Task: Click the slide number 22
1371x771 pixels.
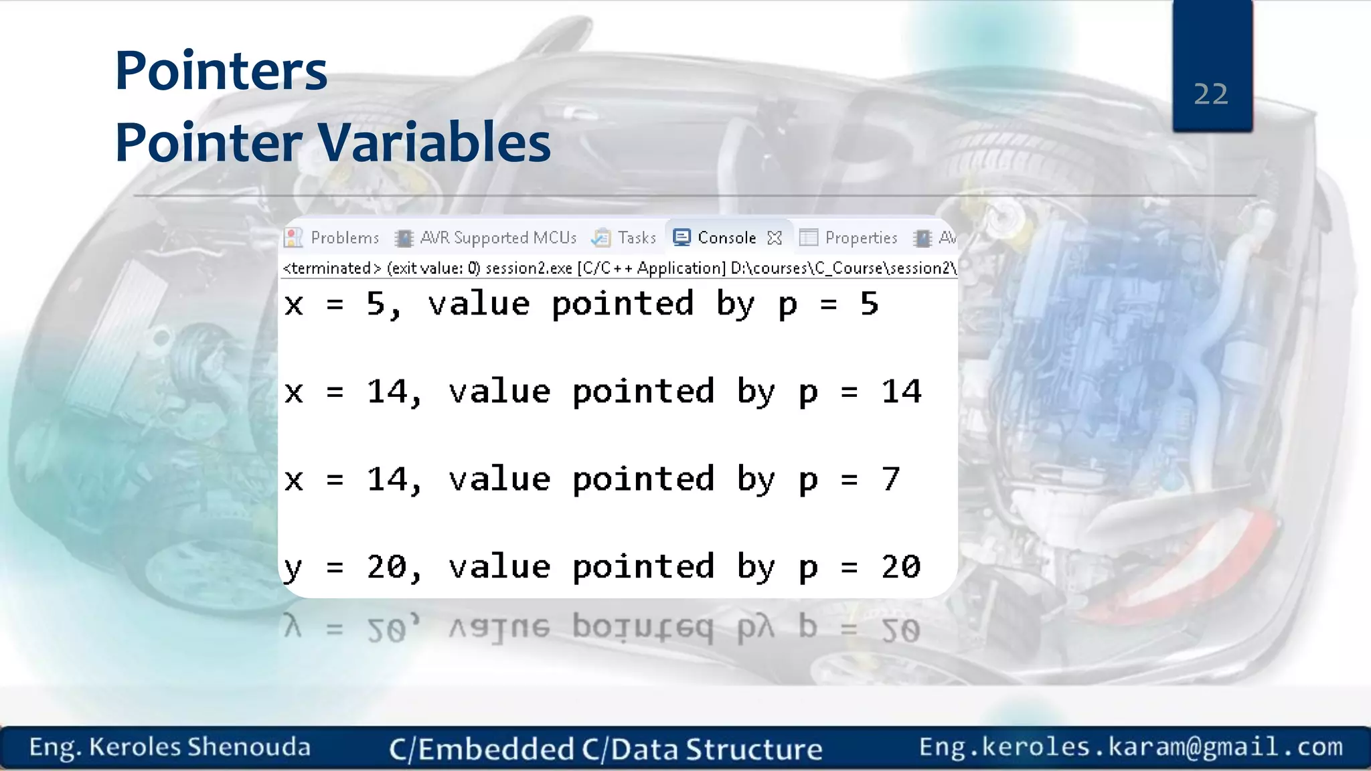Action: [1211, 94]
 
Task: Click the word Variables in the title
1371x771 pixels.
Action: [433, 143]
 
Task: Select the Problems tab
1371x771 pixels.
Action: [344, 238]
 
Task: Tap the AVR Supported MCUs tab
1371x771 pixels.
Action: [497, 238]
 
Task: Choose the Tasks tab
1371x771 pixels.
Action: [637, 238]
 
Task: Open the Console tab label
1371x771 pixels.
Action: [726, 238]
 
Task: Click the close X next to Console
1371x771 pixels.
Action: [775, 238]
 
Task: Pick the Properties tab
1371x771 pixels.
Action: [860, 238]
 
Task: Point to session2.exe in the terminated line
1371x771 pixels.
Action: [528, 268]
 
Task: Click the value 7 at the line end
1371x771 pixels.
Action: [890, 479]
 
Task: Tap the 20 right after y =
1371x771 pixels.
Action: [386, 567]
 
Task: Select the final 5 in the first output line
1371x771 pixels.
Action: [869, 304]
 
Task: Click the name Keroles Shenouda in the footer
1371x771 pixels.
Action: [199, 747]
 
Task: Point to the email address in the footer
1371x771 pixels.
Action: [1131, 747]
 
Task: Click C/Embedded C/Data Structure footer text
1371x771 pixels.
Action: [605, 749]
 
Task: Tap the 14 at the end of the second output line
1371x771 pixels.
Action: [901, 392]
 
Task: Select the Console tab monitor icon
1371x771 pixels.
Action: [681, 238]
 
